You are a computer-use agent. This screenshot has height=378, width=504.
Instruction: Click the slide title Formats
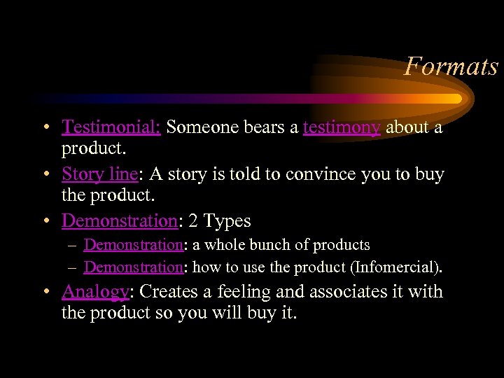[x=451, y=66]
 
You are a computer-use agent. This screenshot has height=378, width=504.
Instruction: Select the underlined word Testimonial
[x=111, y=127]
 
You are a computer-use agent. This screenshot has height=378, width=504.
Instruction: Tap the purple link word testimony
[x=342, y=127]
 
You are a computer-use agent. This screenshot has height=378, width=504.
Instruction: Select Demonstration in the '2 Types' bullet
[x=119, y=220]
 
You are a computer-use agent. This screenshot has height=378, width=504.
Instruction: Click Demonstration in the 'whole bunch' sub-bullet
[x=133, y=245]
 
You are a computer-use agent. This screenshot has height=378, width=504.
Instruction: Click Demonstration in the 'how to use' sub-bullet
[x=133, y=267]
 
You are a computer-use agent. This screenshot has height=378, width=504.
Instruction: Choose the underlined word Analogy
[x=95, y=291]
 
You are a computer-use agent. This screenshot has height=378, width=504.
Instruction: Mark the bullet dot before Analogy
[x=45, y=292]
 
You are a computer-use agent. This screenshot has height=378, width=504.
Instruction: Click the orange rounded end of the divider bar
[x=456, y=99]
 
